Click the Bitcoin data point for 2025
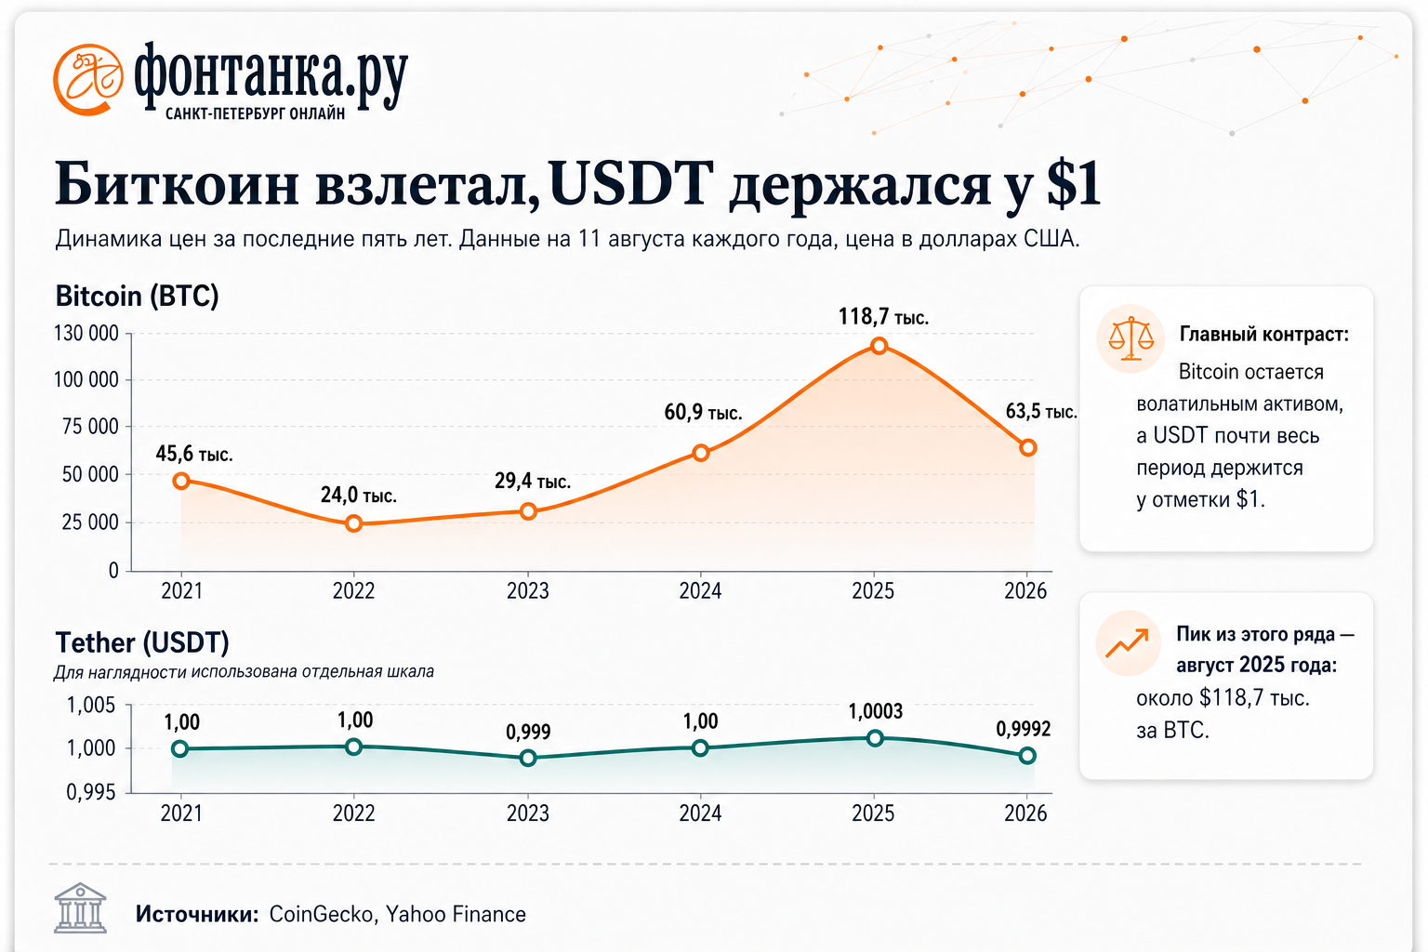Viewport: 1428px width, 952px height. (879, 346)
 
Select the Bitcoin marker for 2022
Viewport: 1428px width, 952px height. (354, 523)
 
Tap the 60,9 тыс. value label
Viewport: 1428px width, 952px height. (703, 413)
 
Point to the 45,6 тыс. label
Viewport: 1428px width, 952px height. (194, 454)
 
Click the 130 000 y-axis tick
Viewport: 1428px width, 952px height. (86, 333)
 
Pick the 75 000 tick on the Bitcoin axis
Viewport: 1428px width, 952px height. (90, 426)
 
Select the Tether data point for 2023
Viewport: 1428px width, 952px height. (528, 758)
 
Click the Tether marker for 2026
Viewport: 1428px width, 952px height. (1027, 756)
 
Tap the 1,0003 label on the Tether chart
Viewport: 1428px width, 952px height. (875, 711)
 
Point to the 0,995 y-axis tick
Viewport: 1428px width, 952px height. (91, 792)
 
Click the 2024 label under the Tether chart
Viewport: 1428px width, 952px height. (700, 813)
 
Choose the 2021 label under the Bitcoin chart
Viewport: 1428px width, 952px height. (181, 590)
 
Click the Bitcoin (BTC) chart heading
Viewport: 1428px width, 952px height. (137, 296)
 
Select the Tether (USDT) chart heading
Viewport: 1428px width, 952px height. (142, 642)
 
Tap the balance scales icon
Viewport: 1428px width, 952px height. (1130, 338)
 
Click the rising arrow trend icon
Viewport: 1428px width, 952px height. (1127, 642)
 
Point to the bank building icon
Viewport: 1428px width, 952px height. (80, 908)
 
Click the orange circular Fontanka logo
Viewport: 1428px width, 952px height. (88, 80)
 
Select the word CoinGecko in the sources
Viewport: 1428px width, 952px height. (321, 915)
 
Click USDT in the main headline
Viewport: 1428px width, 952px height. (629, 184)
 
